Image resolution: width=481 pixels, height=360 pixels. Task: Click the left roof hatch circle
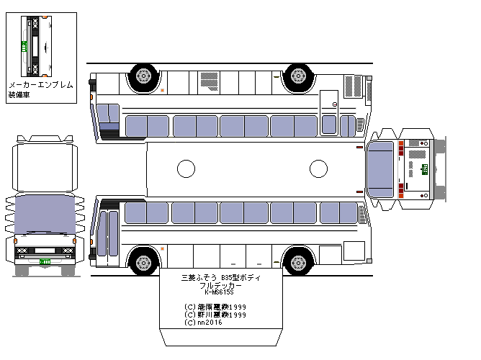coord(186,169)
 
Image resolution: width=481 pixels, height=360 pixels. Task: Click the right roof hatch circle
coord(318,169)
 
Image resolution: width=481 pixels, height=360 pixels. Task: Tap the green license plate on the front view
coord(45,264)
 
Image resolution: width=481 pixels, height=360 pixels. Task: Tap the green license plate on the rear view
coord(425,169)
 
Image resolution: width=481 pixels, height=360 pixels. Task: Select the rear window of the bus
coord(380,168)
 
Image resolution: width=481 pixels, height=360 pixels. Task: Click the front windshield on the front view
coord(45,213)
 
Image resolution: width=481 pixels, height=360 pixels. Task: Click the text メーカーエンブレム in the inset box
coord(40,85)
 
